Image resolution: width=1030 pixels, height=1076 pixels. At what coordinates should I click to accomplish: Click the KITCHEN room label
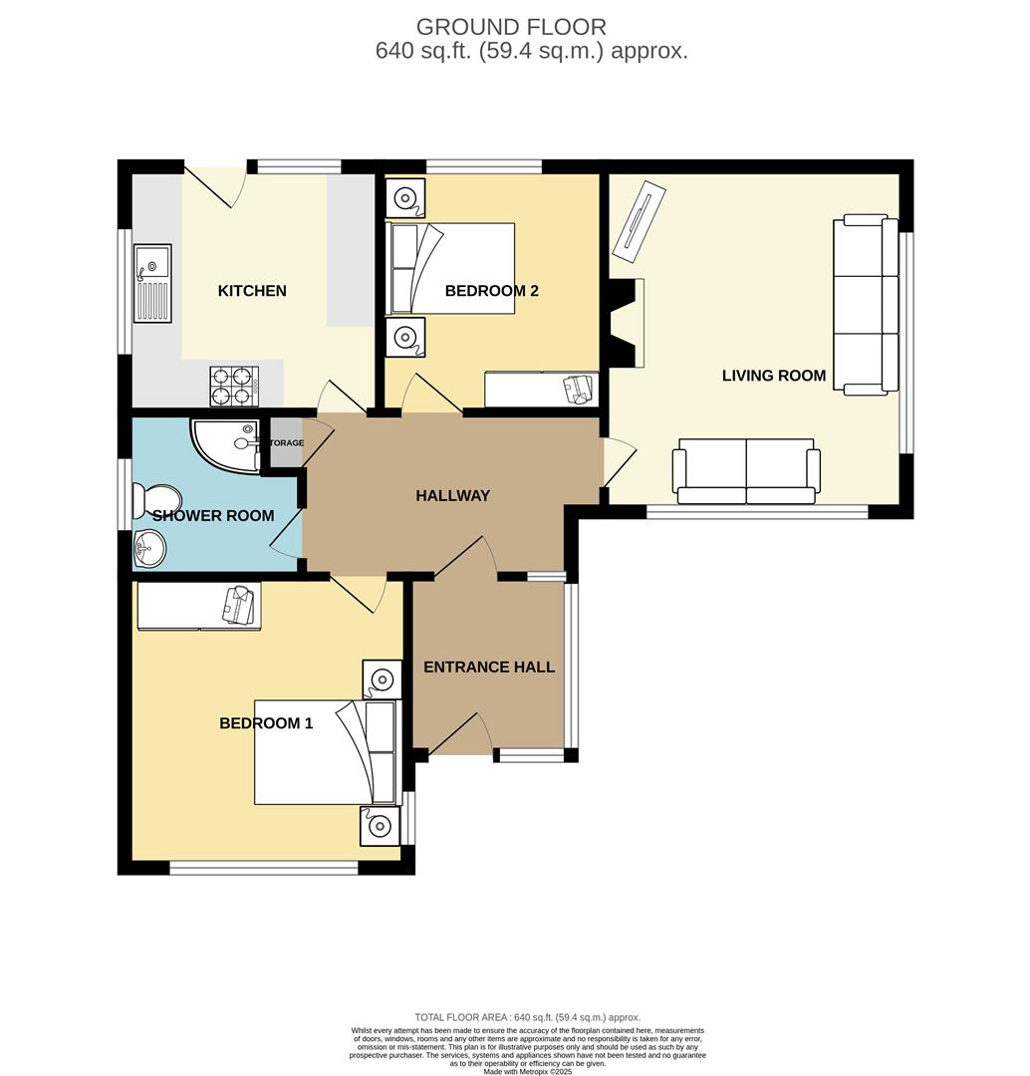tap(252, 291)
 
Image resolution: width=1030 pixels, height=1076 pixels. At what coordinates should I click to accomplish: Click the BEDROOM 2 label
tap(491, 291)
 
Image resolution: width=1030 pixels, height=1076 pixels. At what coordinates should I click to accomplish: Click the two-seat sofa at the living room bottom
tap(746, 470)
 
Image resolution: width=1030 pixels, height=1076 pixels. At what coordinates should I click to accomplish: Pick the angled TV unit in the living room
tap(639, 215)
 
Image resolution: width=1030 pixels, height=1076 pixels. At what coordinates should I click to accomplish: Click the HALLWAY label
tap(452, 495)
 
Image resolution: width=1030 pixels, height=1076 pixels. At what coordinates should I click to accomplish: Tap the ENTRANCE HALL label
tap(489, 667)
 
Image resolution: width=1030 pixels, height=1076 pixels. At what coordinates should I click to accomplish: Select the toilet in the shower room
tap(159, 500)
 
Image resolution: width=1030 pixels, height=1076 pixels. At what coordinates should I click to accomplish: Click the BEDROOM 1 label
tap(266, 723)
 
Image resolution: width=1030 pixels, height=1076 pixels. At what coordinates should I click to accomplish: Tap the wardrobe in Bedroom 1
tap(198, 606)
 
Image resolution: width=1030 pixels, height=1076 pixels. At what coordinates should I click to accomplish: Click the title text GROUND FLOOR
tap(510, 27)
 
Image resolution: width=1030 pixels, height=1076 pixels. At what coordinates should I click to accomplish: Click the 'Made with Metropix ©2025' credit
tap(527, 1071)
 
